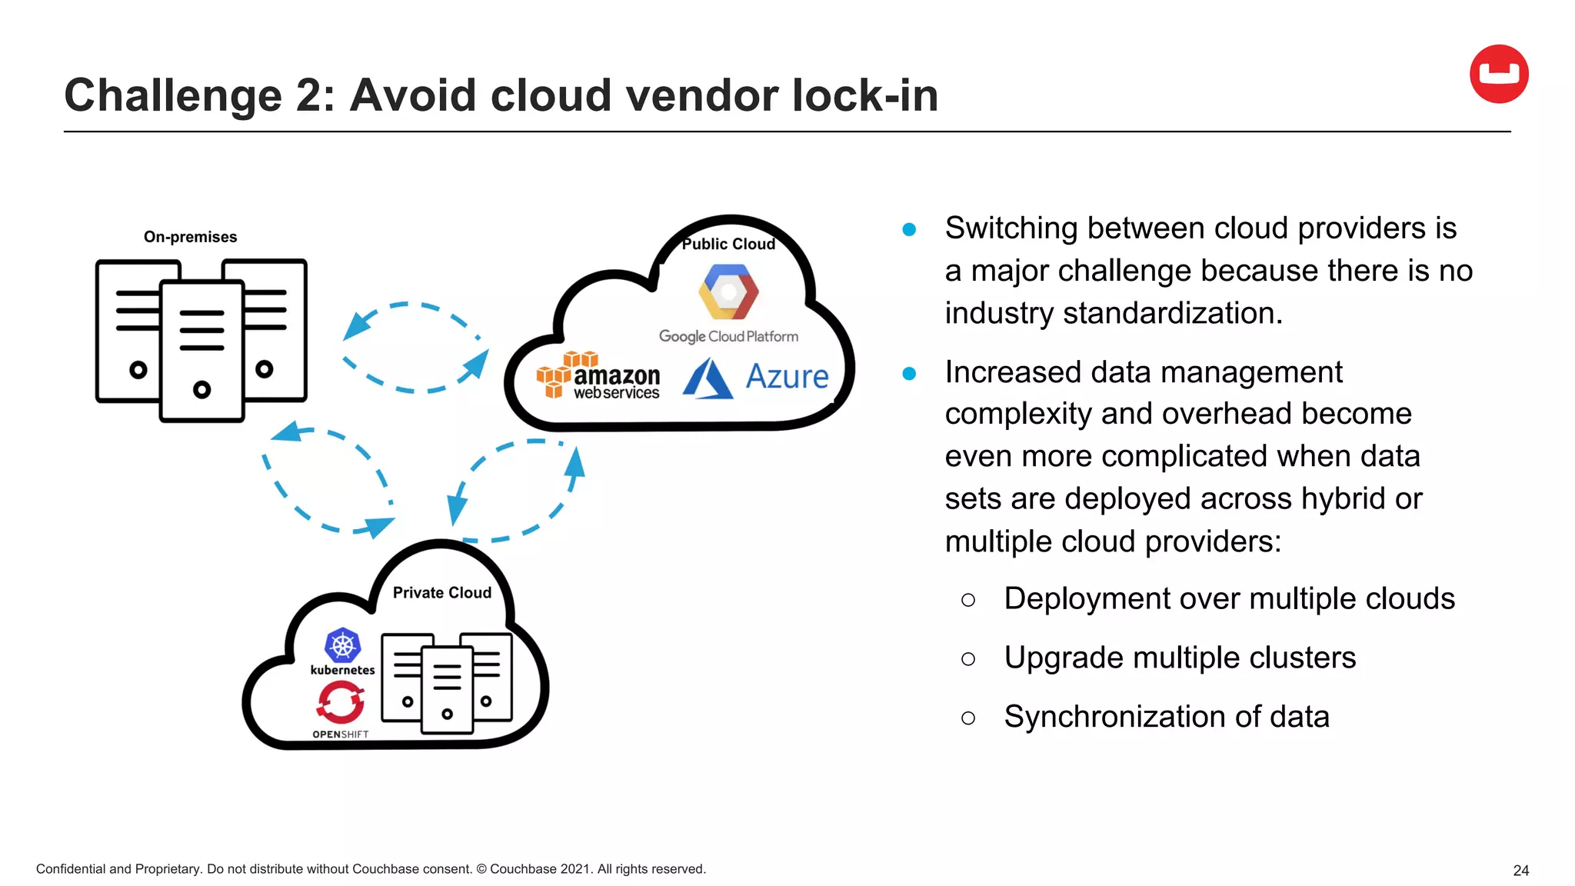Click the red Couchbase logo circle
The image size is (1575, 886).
[1498, 74]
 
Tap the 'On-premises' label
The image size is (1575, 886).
[190, 237]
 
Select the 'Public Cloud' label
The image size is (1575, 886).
[728, 244]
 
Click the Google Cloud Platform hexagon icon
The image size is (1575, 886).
[728, 291]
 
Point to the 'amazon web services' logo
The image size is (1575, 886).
[599, 376]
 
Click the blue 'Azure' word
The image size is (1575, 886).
[787, 377]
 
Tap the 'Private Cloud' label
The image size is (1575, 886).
[441, 592]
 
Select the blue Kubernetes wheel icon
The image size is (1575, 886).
[342, 645]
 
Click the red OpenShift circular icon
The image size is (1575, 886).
[340, 702]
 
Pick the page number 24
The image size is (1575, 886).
[1520, 871]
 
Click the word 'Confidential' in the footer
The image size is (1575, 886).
[71, 869]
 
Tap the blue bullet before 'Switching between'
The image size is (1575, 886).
[909, 229]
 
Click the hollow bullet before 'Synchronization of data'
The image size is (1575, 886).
[968, 718]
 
